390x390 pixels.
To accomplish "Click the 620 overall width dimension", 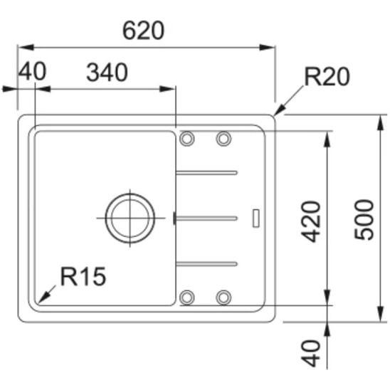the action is (144, 31).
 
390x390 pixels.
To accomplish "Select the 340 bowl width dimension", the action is (107, 73).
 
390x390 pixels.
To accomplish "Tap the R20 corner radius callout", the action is (327, 77).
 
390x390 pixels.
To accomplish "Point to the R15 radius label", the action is (83, 276).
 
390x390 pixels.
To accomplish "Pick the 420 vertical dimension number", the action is (311, 221).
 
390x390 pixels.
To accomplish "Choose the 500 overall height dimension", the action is (364, 219).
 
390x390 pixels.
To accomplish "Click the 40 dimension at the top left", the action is (33, 71).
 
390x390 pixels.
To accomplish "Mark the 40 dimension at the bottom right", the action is (310, 354).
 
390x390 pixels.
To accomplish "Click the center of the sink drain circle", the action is (130, 218).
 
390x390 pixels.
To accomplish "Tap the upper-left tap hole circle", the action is (186, 138).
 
